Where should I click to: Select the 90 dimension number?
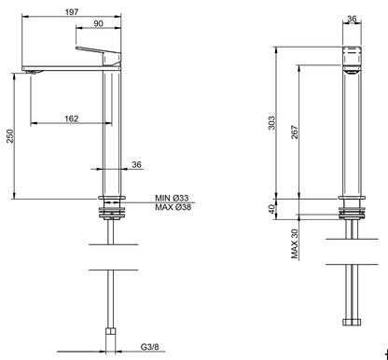tap(97, 24)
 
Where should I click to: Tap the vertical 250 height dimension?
tap(9, 136)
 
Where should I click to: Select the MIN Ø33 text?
tap(173, 198)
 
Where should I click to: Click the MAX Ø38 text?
tap(173, 208)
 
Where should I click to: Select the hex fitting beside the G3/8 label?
tap(111, 334)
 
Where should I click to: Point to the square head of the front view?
tap(352, 58)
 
